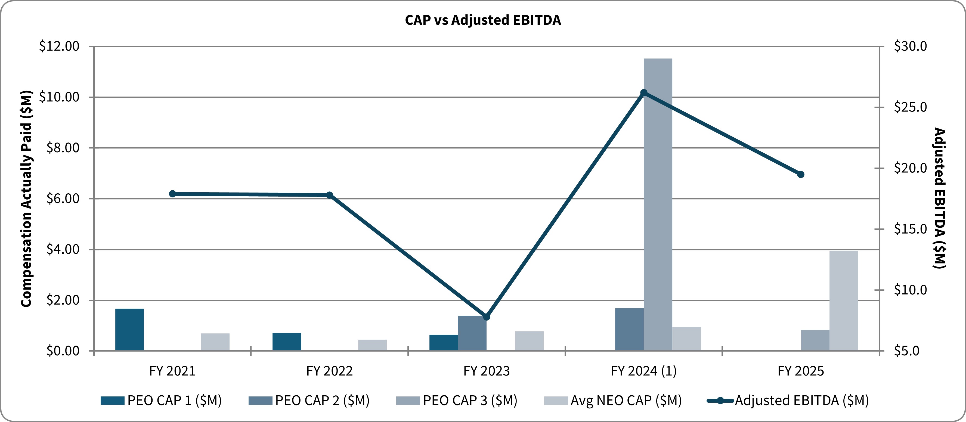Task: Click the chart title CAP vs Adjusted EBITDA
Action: [483, 20]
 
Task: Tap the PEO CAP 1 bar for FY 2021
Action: [129, 330]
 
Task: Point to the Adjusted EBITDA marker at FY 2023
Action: [486, 317]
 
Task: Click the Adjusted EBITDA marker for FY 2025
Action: [801, 174]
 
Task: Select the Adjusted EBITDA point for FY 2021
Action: [172, 194]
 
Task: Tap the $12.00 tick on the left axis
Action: [59, 46]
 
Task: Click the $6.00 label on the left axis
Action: [63, 199]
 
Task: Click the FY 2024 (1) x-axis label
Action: [643, 371]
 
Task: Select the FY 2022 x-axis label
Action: [329, 371]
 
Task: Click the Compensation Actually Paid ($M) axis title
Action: [26, 199]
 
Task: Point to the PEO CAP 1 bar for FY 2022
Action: [286, 342]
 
